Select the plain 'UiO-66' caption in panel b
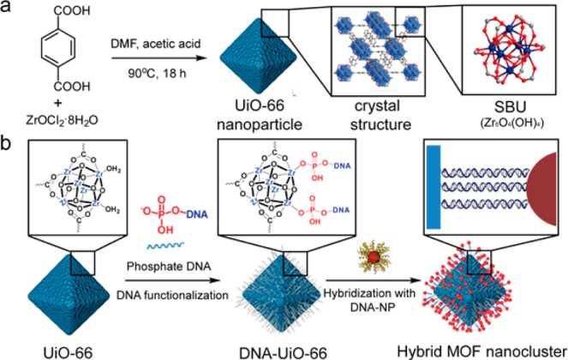click(70, 351)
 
